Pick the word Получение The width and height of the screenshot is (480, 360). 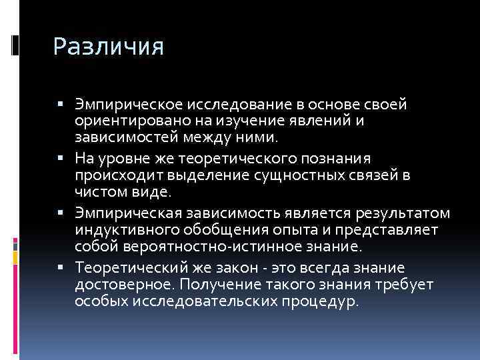coord(219,285)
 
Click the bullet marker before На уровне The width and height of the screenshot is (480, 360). coord(61,159)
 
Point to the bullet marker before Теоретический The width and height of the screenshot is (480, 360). coord(61,269)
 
